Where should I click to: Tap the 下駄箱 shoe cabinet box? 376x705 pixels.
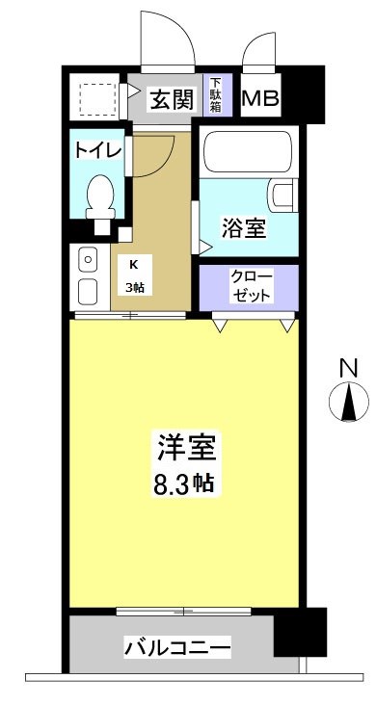[217, 96]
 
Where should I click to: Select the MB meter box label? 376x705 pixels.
[260, 98]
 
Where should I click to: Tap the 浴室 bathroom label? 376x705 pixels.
[245, 228]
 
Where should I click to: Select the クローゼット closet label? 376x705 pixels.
[250, 285]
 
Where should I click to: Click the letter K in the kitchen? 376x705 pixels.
[133, 261]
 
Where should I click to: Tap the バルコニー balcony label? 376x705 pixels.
[176, 647]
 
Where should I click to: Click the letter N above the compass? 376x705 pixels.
[349, 367]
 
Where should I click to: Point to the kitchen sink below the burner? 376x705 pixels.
[88, 292]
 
